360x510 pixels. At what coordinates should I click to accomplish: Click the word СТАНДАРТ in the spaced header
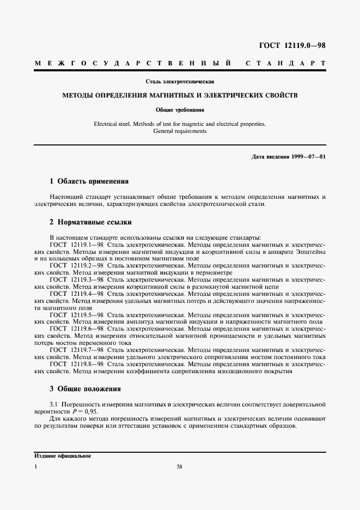tap(286, 64)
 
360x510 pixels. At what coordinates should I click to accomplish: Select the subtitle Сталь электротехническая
tap(179, 82)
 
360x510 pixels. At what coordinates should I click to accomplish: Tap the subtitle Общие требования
tap(180, 110)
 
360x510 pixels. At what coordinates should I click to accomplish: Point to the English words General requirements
tap(180, 131)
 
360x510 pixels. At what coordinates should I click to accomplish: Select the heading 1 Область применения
tap(89, 181)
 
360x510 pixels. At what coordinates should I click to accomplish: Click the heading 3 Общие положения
tap(85, 389)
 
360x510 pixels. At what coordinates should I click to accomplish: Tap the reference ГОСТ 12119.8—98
tap(77, 363)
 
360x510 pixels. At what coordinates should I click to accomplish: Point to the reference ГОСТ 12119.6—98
tap(77, 329)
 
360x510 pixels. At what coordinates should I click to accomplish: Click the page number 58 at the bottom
tap(180, 467)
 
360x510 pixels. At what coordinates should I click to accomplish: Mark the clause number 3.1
tap(54, 405)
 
